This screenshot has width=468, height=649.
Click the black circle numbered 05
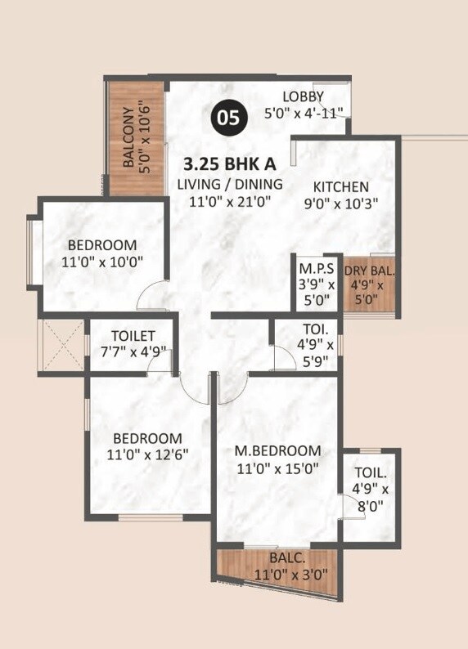tap(229, 118)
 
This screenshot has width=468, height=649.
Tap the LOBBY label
tap(303, 96)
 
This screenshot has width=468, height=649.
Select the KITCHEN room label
tap(341, 186)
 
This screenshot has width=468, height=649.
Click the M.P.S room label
tap(316, 270)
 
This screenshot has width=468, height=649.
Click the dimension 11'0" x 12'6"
tap(147, 454)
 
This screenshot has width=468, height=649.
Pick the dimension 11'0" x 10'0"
tap(102, 262)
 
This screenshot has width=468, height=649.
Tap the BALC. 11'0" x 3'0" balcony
tap(277, 566)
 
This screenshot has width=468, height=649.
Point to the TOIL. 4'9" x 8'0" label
tap(371, 489)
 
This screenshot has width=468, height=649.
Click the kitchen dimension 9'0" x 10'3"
tap(341, 204)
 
